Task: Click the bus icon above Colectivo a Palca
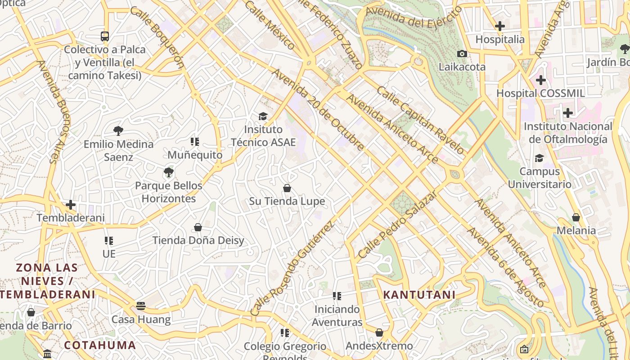(105, 36)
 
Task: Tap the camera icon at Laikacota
(462, 54)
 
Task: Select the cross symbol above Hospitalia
(499, 27)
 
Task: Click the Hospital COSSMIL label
(540, 93)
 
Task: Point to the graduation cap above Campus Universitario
(539, 158)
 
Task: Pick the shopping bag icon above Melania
(576, 217)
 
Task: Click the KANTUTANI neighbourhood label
(419, 295)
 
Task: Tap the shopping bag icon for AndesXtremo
(379, 333)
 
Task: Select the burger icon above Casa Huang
(141, 306)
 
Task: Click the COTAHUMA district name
(100, 345)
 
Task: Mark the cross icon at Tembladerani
(71, 205)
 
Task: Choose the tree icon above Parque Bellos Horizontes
(169, 172)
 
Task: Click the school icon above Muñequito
(195, 142)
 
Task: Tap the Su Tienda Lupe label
(287, 201)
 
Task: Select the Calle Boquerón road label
(157, 37)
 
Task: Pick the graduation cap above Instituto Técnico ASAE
(263, 117)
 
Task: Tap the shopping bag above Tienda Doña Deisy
(198, 227)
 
